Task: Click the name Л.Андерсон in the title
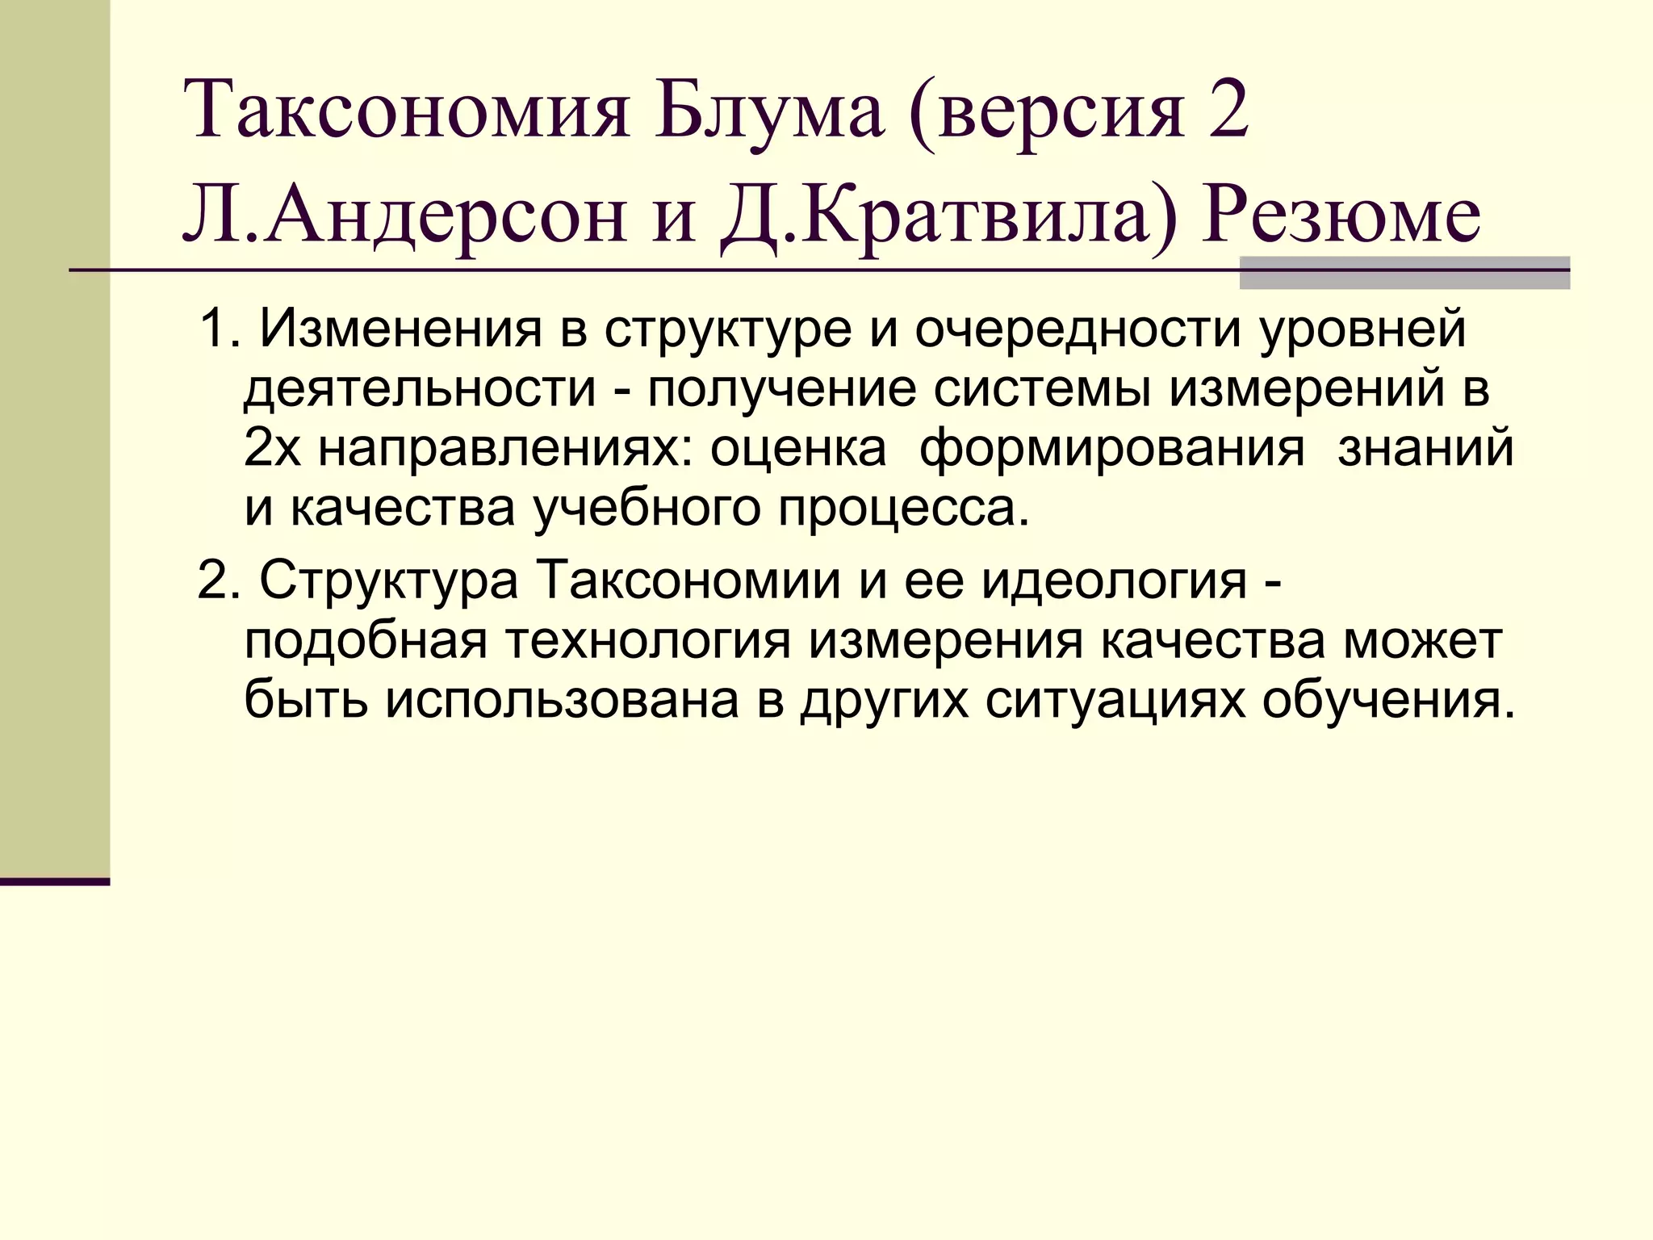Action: click(x=404, y=217)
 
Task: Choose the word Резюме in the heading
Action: click(x=1340, y=217)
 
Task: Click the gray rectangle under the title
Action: click(x=1404, y=273)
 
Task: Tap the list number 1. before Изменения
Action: click(x=220, y=330)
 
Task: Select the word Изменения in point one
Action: click(x=400, y=330)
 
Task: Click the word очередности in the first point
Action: click(x=1077, y=330)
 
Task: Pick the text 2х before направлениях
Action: click(x=272, y=450)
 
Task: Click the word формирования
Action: click(x=1112, y=450)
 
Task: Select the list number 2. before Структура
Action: click(x=220, y=580)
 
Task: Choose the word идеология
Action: click(x=1114, y=580)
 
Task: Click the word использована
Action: click(x=562, y=700)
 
